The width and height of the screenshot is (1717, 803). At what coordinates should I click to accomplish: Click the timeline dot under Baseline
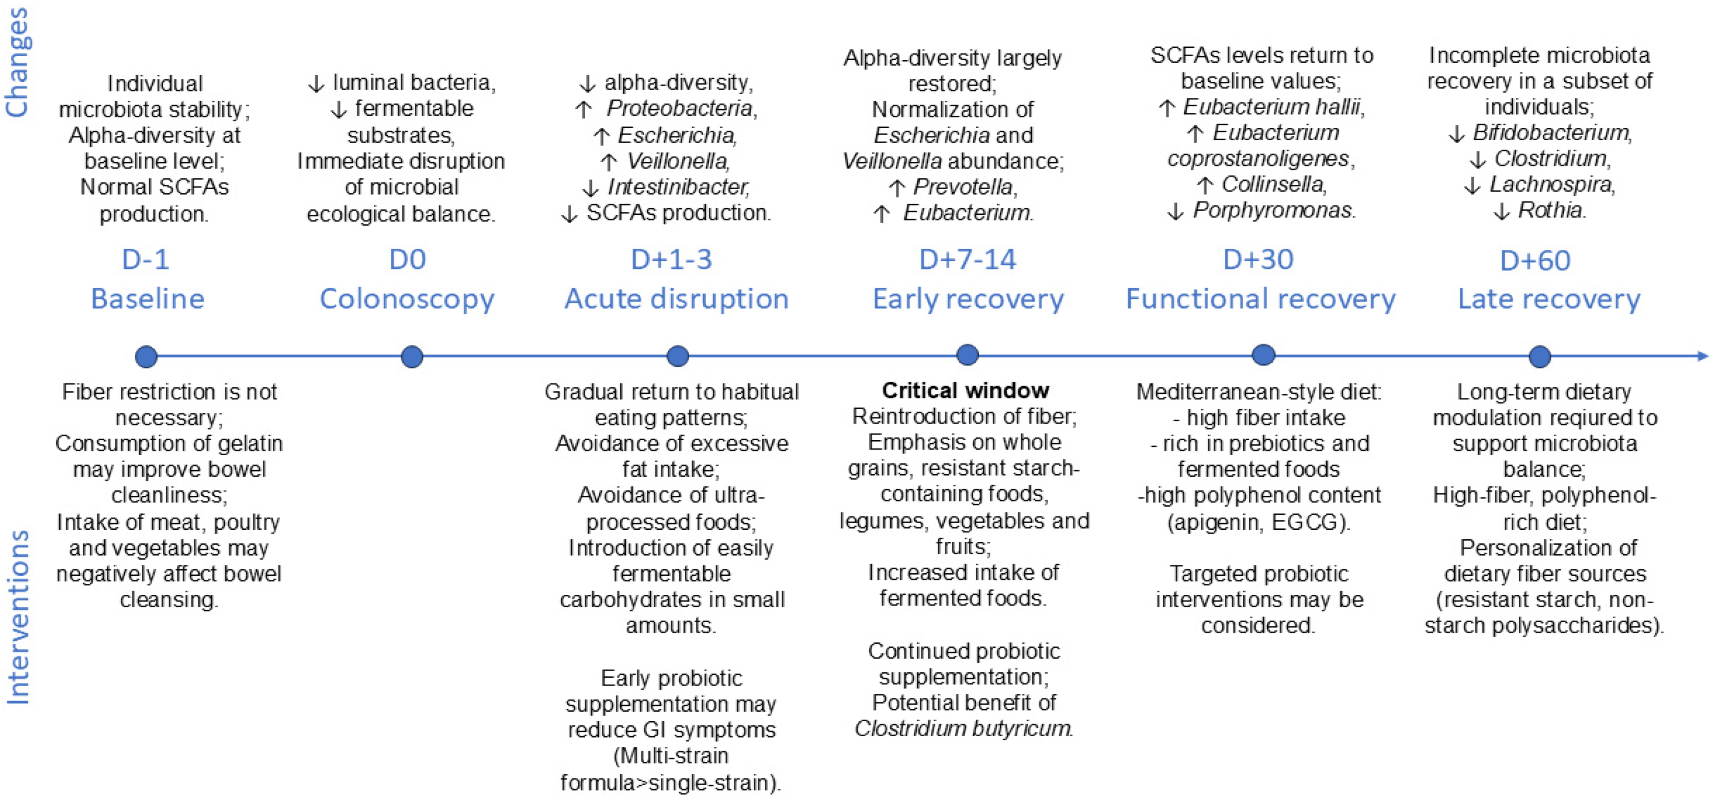coord(146,357)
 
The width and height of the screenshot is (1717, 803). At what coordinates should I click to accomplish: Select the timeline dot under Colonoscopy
coord(412,357)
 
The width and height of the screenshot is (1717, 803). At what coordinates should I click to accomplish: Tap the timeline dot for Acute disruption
coord(677,356)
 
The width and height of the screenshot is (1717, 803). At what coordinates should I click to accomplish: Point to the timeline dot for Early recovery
coord(967,355)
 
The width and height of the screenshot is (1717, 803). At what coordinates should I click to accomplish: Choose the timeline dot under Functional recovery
coord(1263,355)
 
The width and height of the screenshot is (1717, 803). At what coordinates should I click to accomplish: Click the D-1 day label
coord(145,259)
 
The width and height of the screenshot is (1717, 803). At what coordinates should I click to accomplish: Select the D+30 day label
coord(1258,259)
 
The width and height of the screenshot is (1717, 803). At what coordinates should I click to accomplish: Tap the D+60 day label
coord(1534,260)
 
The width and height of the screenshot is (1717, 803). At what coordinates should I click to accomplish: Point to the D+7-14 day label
coord(967,259)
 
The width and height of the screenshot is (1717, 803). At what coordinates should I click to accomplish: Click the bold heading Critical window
coord(965,391)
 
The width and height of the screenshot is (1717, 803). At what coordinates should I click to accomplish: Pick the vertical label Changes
coord(17,63)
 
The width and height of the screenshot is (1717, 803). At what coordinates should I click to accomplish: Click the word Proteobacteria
coord(680,108)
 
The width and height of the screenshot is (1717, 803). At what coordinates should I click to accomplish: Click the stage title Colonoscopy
coord(406,299)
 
